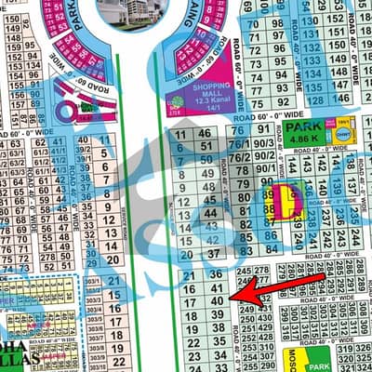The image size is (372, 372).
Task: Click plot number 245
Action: (x=246, y=271)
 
